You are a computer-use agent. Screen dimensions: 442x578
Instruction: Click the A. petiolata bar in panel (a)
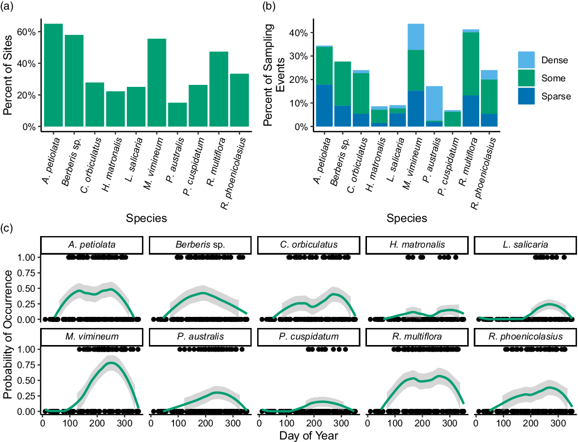coord(53,75)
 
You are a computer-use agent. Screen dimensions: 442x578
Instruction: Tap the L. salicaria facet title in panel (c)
coord(525,245)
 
